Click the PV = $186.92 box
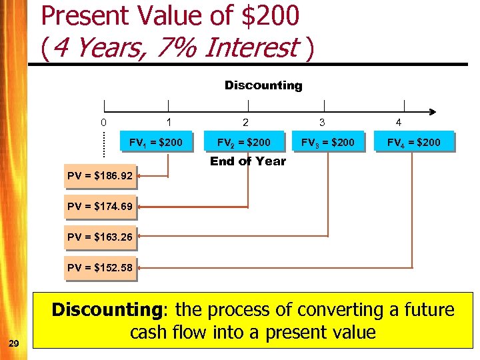click(x=100, y=177)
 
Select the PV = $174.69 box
click(x=100, y=207)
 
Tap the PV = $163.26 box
click(x=100, y=237)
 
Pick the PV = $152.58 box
click(x=100, y=268)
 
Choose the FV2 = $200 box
click(x=244, y=142)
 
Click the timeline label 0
click(x=103, y=123)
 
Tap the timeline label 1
click(x=169, y=123)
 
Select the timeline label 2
click(x=246, y=123)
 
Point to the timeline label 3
click(x=322, y=123)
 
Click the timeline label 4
click(x=399, y=123)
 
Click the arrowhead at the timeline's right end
click(x=433, y=112)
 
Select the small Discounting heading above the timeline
click(x=263, y=85)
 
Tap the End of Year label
click(x=248, y=161)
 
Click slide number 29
click(x=15, y=343)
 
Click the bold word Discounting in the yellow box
click(x=110, y=310)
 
